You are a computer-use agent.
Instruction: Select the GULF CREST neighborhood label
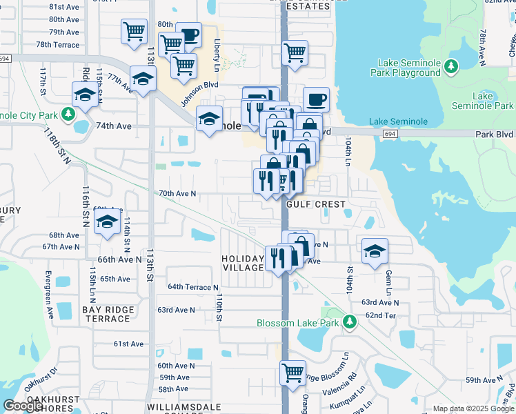(318, 205)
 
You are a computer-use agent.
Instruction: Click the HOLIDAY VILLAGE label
(243, 263)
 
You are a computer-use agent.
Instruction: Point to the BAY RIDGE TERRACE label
(107, 315)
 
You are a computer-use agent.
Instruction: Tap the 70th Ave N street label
(178, 194)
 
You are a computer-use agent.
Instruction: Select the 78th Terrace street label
(58, 44)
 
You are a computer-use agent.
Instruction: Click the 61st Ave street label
(128, 344)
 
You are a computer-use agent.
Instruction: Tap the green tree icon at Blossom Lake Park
(350, 322)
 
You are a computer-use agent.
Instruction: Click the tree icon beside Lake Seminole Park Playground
(451, 66)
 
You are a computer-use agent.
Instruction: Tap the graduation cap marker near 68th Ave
(107, 222)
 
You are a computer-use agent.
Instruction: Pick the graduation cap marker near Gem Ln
(374, 250)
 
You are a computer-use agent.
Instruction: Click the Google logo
(24, 405)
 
